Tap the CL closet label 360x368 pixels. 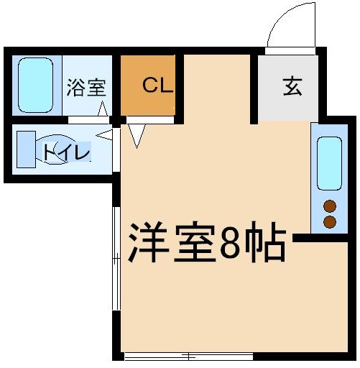tap(156, 86)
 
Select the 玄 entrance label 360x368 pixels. tap(291, 86)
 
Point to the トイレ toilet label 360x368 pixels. tap(65, 152)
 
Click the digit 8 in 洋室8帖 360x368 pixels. tap(231, 243)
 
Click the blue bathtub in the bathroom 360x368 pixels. tap(33, 85)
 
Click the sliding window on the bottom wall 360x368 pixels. tap(188, 356)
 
